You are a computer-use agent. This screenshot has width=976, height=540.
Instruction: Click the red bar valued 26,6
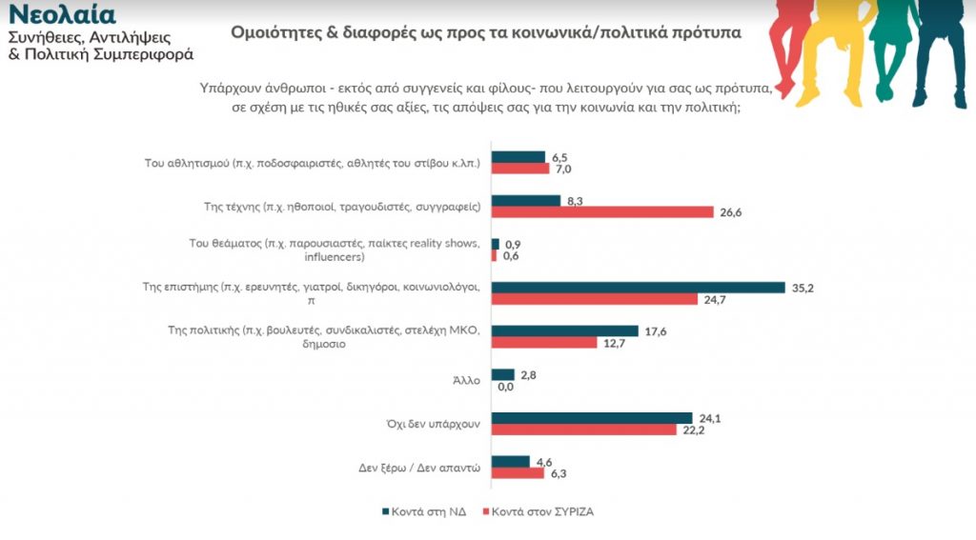coord(601,211)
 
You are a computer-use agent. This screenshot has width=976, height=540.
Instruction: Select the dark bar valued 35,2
coord(637,288)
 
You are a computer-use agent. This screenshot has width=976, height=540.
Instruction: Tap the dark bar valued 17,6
coord(564,330)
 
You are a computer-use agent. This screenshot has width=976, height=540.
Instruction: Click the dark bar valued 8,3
coord(525,200)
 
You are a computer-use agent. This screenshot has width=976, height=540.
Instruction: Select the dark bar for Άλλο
coord(502,374)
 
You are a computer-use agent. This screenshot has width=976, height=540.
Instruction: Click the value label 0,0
coord(506,387)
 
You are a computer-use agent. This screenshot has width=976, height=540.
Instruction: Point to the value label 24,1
coord(708,418)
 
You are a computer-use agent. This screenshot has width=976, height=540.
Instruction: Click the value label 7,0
coord(563,169)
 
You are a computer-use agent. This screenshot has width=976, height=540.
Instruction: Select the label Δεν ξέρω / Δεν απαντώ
coord(427,468)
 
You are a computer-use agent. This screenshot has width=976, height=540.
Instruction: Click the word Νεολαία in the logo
coord(63,14)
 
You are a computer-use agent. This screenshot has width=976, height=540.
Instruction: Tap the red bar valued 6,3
coord(517,473)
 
